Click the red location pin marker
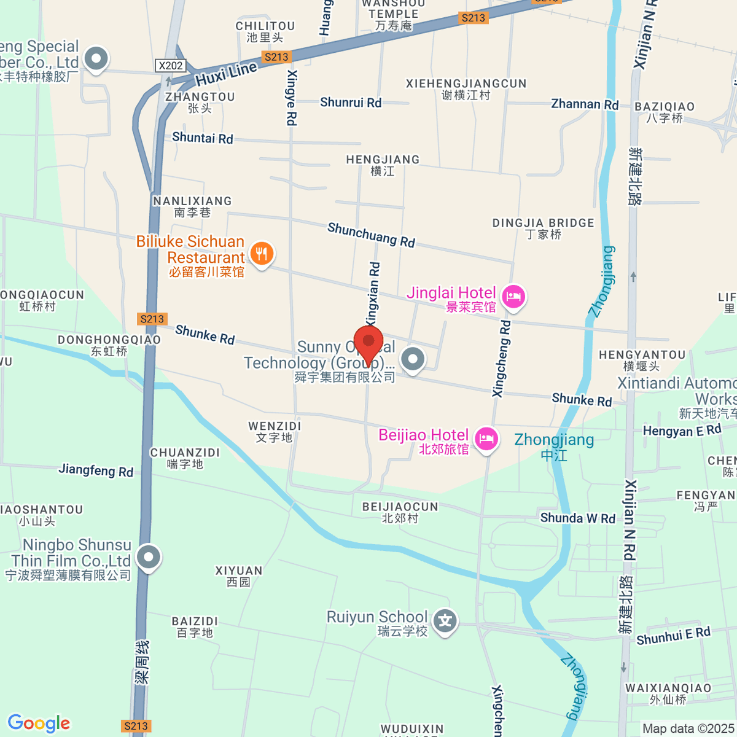pos(368,344)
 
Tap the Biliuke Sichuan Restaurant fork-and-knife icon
pos(262,254)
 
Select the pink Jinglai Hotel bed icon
pos(513,297)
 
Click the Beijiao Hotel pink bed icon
pos(486,440)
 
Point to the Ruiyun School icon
pos(445,622)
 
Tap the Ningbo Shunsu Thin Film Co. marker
pos(149,558)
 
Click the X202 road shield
pos(170,66)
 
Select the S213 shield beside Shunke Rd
pos(152,319)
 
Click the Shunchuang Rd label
pos(371,235)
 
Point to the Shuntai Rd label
pos(203,138)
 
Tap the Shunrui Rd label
pos(351,103)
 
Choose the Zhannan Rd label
pos(585,104)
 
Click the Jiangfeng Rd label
pos(96,470)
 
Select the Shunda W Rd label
pos(577,518)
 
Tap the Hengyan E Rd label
pos(682,431)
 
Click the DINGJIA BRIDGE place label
pos(544,223)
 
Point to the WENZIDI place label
pos(275,426)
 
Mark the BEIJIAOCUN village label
pos(400,507)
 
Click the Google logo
pos(39,723)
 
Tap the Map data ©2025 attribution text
pos(688,729)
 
